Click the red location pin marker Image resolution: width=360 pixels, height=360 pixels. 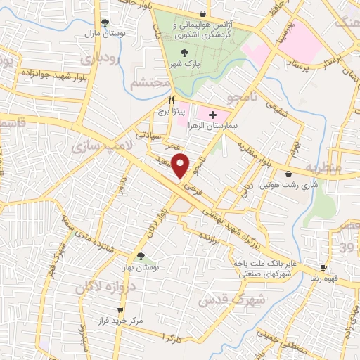click(x=181, y=165)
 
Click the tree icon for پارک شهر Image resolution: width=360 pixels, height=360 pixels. click(x=185, y=53)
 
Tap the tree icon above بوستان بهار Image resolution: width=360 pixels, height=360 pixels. click(x=141, y=257)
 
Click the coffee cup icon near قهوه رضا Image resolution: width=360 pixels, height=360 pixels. click(x=324, y=267)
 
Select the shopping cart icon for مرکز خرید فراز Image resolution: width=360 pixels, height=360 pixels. click(x=121, y=309)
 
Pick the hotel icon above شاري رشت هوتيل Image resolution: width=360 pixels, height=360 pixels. click(x=289, y=174)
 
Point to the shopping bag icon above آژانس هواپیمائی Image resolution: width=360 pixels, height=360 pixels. click(x=203, y=13)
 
